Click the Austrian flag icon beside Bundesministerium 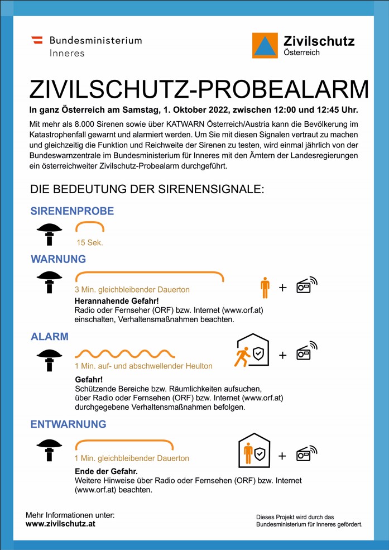click(37, 40)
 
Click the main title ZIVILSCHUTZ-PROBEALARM click(199, 89)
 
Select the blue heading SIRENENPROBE click(72, 211)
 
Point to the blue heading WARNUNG click(58, 259)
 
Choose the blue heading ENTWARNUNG click(68, 424)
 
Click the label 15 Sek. click(90, 243)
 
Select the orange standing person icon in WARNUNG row click(265, 287)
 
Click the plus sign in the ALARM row click(282, 355)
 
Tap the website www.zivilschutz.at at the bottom click(60, 524)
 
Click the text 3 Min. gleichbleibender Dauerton click(132, 290)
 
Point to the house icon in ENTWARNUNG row click(254, 451)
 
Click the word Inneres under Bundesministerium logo click(67, 53)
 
